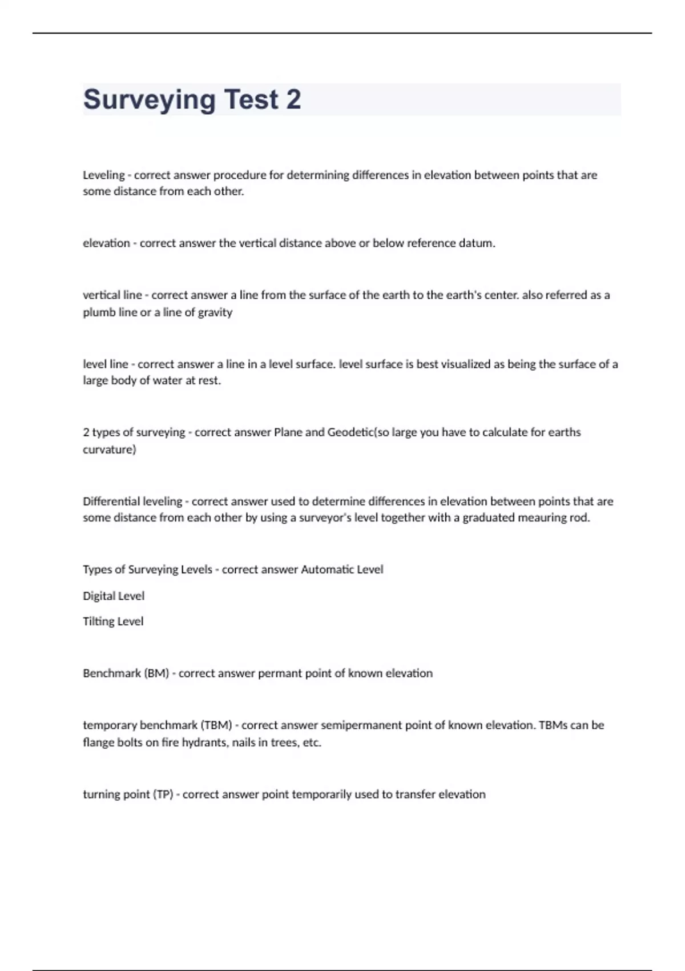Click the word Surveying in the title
150,100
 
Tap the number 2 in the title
293,99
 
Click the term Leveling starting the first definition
103,175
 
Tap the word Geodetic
350,432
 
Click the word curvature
109,450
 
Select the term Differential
108,501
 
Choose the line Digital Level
114,596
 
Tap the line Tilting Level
113,621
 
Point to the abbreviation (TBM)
216,725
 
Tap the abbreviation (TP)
163,795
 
